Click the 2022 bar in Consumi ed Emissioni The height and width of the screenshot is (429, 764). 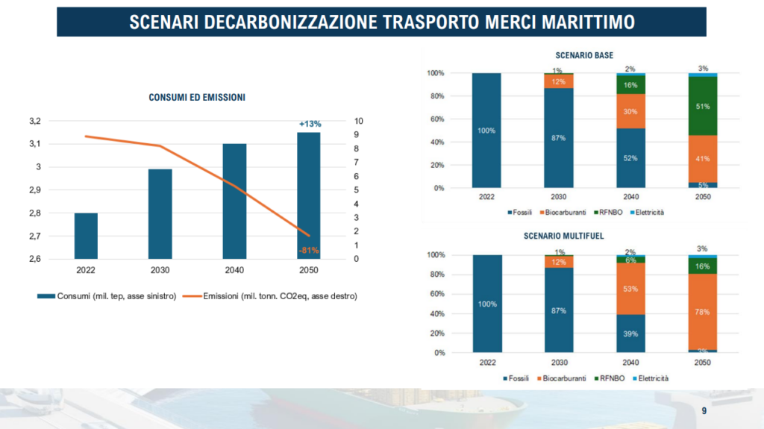click(x=86, y=236)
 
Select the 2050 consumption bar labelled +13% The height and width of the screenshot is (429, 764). click(x=308, y=195)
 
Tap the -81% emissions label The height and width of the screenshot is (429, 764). click(x=309, y=250)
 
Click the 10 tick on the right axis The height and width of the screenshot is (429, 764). click(x=360, y=121)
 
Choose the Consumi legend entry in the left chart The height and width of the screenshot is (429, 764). click(x=108, y=296)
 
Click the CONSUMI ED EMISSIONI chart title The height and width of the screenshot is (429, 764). click(x=197, y=98)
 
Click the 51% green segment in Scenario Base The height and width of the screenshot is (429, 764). click(x=702, y=106)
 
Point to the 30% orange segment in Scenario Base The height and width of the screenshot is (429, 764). click(x=630, y=111)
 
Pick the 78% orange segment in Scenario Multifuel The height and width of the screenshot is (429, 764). click(x=702, y=312)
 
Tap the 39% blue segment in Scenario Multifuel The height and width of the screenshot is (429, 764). click(x=630, y=334)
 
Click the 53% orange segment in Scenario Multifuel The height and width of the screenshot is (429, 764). click(x=630, y=289)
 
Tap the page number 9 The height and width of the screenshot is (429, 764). click(x=704, y=411)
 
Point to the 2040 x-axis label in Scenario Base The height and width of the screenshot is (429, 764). click(x=630, y=198)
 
